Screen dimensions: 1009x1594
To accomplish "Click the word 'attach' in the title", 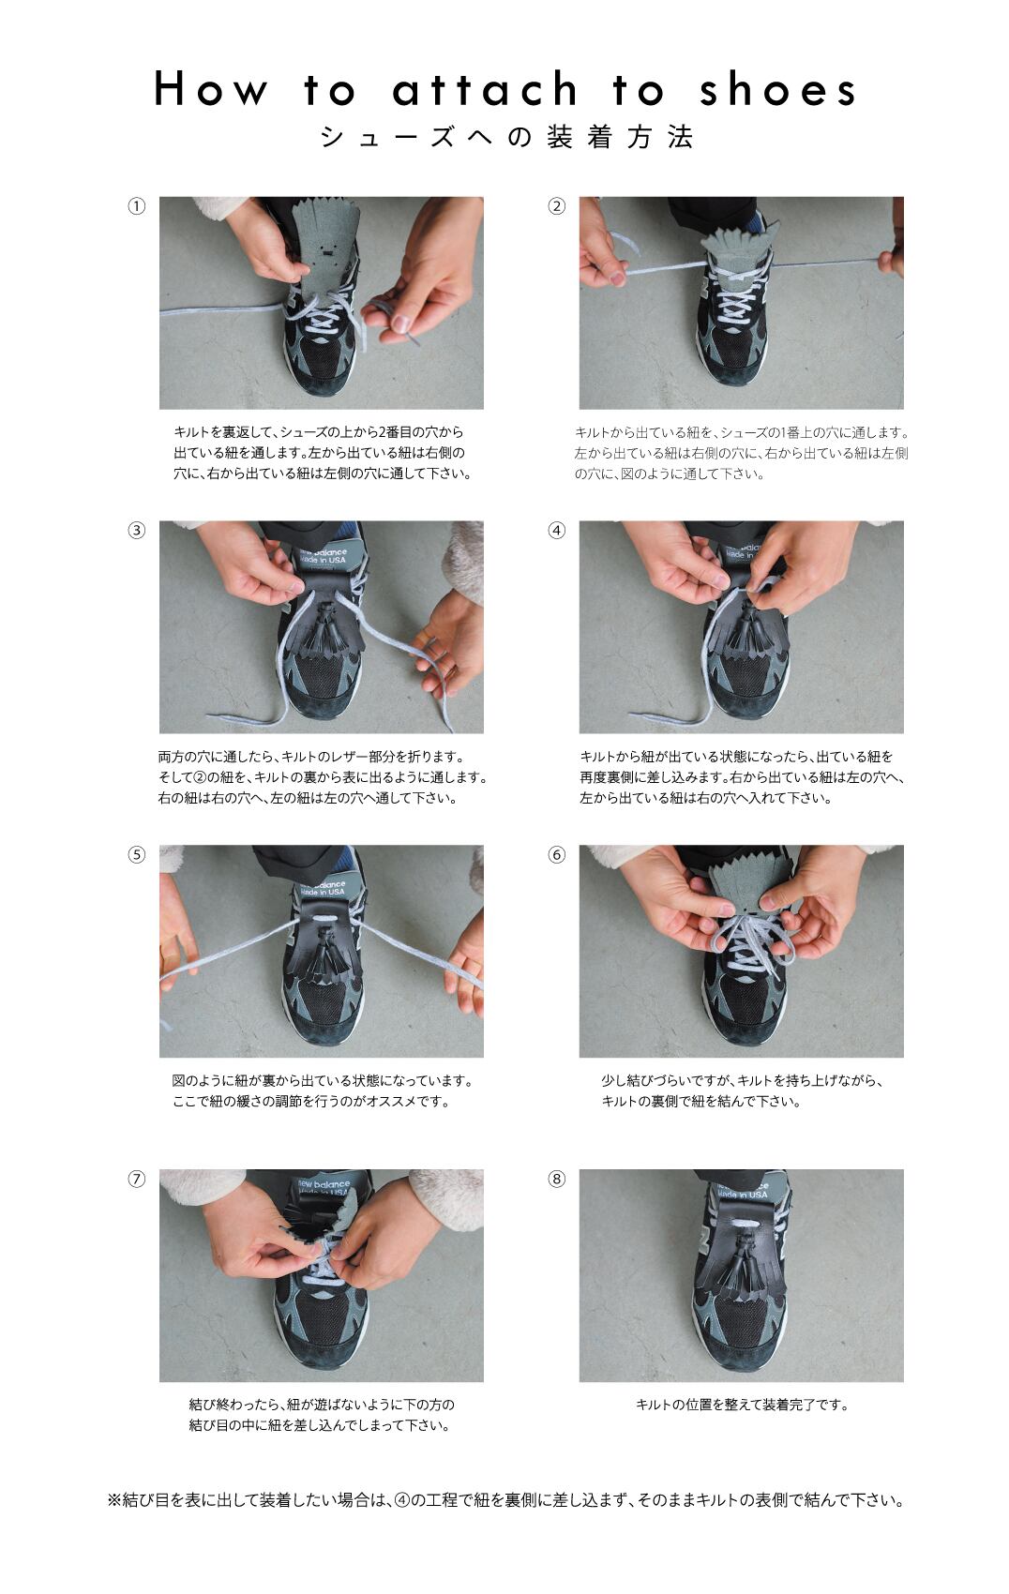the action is tap(486, 89).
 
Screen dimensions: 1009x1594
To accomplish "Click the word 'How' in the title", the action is tap(211, 89).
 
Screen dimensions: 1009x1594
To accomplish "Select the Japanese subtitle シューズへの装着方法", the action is tap(506, 137).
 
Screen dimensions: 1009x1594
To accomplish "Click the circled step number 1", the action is tap(136, 206).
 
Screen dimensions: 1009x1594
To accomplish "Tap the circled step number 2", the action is tap(556, 206).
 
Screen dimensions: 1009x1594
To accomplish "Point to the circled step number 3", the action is tap(136, 531).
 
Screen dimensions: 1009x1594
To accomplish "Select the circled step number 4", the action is tap(556, 531).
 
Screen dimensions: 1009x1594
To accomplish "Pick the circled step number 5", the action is tap(136, 854).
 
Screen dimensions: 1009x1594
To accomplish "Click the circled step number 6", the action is tap(556, 854).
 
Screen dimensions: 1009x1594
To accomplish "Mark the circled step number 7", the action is tap(136, 1180).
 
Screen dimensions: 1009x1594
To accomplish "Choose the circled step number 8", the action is tap(556, 1180).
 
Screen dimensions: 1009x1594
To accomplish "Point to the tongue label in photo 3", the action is tap(323, 556).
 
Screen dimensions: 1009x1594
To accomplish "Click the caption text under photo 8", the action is tap(742, 1405).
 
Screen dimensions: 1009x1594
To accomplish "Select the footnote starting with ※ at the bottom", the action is tap(506, 1500).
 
